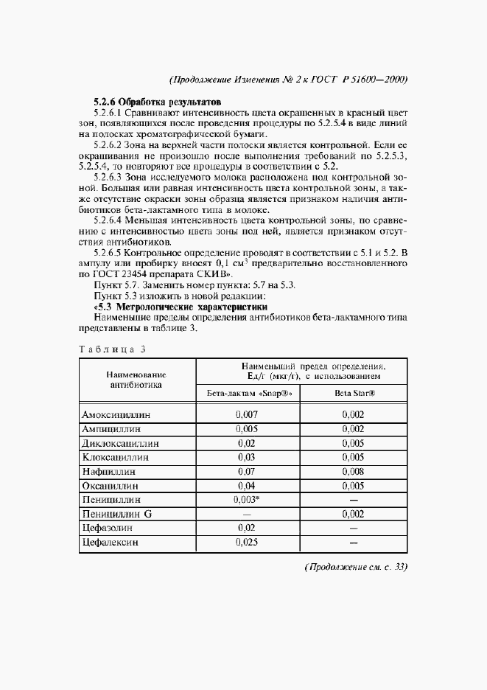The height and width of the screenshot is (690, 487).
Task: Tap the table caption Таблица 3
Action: [113, 348]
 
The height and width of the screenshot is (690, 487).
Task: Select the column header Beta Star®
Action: [354, 394]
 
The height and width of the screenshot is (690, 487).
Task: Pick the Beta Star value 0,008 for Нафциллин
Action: [354, 472]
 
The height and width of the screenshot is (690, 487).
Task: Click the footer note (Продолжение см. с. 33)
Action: [356, 567]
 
